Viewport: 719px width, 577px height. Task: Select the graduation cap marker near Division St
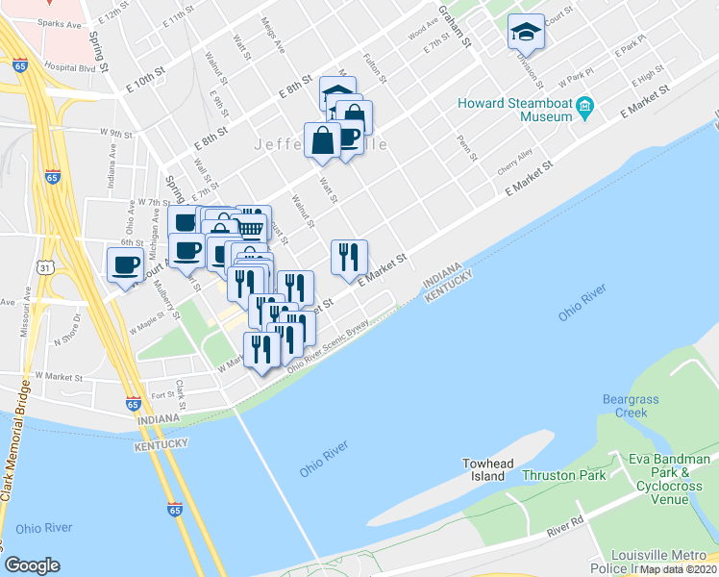point(526,34)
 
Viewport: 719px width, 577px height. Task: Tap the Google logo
point(32,565)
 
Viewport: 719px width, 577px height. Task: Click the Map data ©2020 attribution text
point(679,568)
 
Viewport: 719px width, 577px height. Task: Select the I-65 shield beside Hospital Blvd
point(20,66)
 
